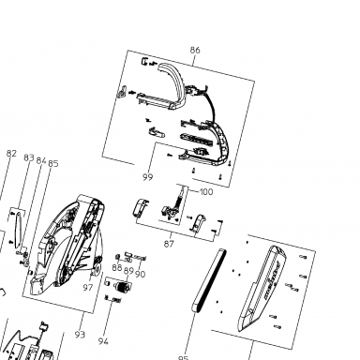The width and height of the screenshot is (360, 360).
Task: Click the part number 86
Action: click(x=195, y=50)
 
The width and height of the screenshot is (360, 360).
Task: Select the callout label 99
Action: click(x=148, y=177)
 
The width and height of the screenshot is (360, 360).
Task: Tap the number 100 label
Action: click(x=206, y=191)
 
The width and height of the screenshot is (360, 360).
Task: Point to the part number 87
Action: click(x=169, y=244)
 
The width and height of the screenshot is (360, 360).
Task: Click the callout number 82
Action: click(x=11, y=154)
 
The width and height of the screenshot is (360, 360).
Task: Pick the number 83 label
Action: click(x=29, y=157)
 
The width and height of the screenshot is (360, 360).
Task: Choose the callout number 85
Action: click(x=53, y=163)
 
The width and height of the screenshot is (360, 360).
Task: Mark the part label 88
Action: click(x=117, y=268)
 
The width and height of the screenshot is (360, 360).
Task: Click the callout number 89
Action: click(x=128, y=271)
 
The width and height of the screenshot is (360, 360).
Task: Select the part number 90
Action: click(x=141, y=274)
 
